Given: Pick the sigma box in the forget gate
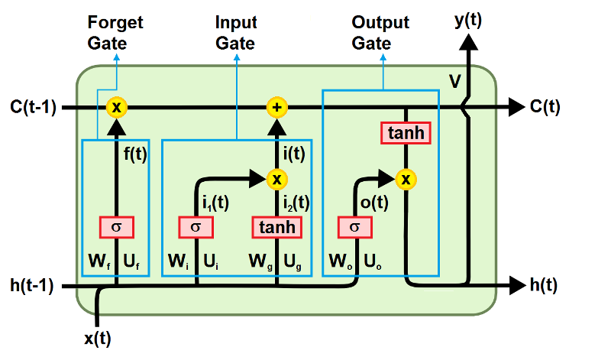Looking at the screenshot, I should pos(116,227).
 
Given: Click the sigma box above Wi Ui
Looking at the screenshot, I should pos(196,227).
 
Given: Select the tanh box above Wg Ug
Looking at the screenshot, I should pos(276,227).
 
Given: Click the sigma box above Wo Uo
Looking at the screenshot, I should pos(355,227).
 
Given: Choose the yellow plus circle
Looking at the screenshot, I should pos(276,106).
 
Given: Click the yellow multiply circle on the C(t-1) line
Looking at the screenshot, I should pos(116,106).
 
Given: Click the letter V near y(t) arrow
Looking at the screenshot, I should pos(455,78).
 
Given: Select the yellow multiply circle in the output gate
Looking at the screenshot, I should pos(406,179).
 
